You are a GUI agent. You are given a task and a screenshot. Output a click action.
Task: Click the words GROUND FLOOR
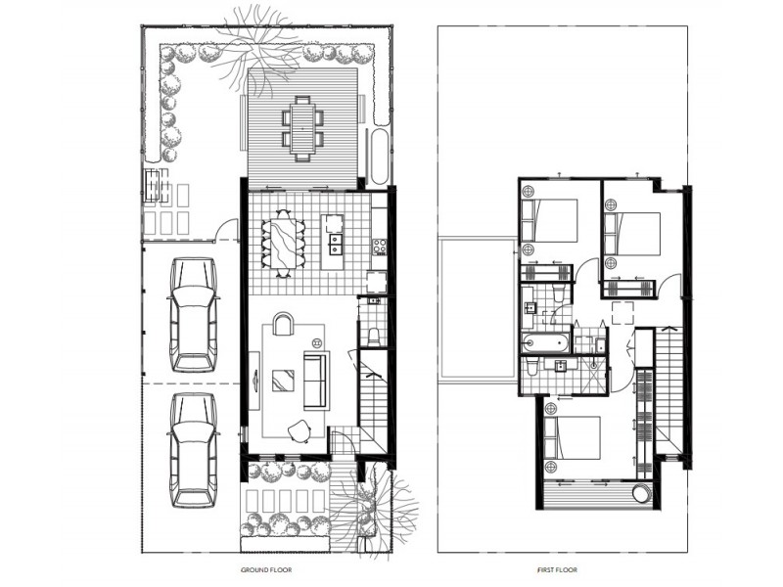[266, 568]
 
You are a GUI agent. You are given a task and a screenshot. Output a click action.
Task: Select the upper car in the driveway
[193, 314]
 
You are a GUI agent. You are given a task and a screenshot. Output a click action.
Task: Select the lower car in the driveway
[193, 449]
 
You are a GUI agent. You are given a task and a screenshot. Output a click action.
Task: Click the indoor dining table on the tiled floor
[283, 244]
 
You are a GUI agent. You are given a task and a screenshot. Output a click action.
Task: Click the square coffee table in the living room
[283, 380]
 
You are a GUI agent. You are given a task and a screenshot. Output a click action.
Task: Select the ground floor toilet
[375, 336]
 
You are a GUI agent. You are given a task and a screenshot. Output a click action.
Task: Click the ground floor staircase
[372, 401]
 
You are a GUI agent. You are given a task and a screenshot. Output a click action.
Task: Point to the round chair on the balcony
[641, 495]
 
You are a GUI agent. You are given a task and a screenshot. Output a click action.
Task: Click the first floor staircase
[668, 391]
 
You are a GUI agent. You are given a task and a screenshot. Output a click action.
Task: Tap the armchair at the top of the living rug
[282, 325]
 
